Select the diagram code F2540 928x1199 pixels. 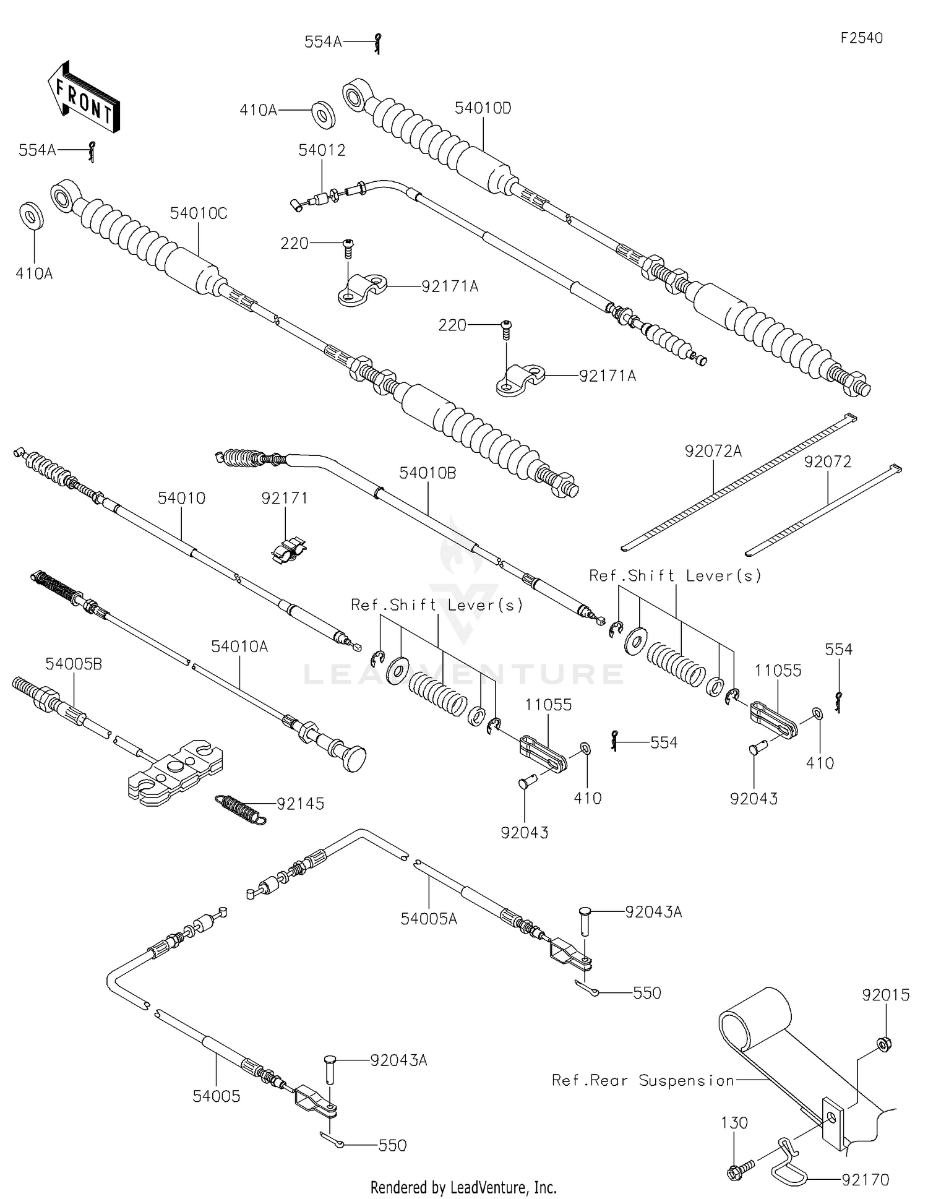pos(861,38)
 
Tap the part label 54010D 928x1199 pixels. pos(483,108)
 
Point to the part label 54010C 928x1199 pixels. pos(199,214)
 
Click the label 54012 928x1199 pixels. pos(322,150)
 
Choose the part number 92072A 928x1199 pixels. pos(713,452)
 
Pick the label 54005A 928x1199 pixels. pos(429,919)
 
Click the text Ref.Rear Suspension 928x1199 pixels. pos(643,1080)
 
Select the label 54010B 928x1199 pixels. pos(427,473)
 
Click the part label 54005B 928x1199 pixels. pos(74,664)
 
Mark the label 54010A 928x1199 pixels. pos(239,647)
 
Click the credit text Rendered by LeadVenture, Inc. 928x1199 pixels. pos(463,1187)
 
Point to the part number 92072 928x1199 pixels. pos(827,462)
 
